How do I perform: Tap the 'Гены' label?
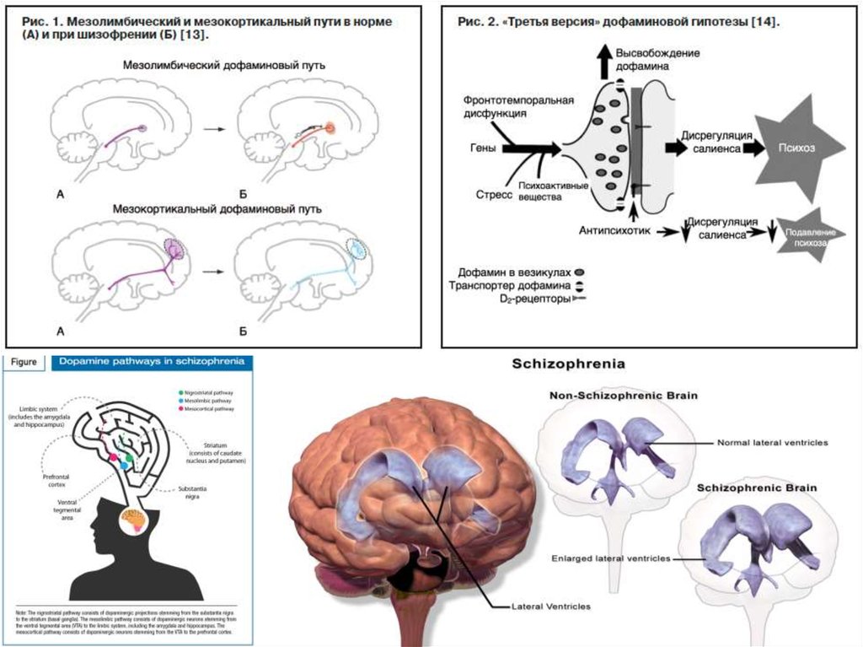[x=481, y=148]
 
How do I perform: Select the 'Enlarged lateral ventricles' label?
[x=611, y=558]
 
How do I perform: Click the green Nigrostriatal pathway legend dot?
[x=182, y=392]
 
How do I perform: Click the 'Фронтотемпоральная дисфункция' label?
[x=517, y=105]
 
